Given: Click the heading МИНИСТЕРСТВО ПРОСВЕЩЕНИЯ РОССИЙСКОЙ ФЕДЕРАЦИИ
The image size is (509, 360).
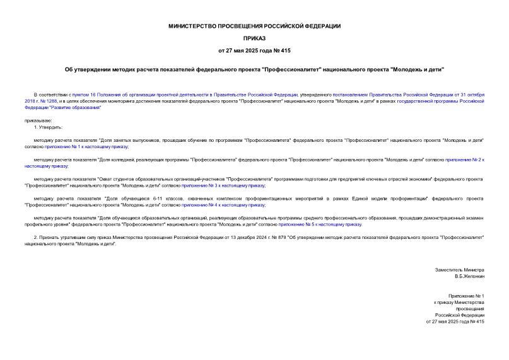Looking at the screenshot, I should pos(254,26).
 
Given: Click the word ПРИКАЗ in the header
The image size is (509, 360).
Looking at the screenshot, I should pos(254,38).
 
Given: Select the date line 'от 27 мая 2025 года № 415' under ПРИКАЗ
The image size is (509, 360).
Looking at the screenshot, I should pos(254,50).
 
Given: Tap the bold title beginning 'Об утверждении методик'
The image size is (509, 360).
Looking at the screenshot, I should pos(254,69).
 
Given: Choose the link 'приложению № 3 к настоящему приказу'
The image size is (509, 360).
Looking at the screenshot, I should pos(223,185).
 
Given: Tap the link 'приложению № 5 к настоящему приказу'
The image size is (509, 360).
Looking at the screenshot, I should pos(320,224).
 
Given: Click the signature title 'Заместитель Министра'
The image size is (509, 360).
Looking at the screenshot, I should pos(460,270).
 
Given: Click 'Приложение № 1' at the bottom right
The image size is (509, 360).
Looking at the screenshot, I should pos(466,295).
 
